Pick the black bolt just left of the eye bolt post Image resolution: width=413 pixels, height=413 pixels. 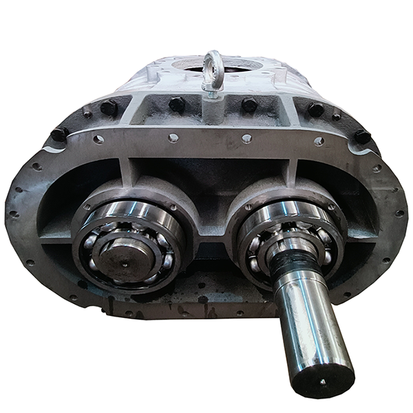pyautogui.click(x=176, y=105)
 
